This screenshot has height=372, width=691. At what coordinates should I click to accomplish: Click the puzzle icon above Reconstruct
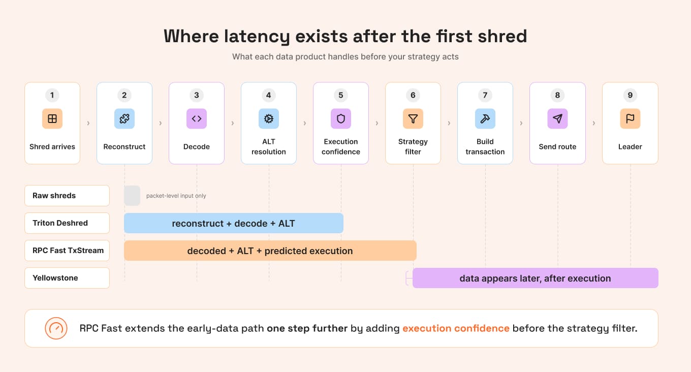pos(124,118)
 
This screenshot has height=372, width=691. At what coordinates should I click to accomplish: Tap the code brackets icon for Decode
pos(197,118)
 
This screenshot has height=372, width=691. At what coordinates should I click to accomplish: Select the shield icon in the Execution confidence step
pos(341,118)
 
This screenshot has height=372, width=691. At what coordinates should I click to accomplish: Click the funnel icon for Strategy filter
pos(413,118)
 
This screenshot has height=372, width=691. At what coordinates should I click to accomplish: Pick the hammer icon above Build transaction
pos(485,118)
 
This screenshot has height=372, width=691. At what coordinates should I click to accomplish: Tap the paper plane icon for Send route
pos(557,118)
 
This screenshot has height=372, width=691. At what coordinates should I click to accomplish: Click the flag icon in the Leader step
pos(630,118)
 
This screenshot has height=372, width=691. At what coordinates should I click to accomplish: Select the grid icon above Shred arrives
pos(52,118)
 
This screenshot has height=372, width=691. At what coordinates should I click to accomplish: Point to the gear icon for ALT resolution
pos(269,118)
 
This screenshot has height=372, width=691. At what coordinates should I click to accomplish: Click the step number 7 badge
pos(485,95)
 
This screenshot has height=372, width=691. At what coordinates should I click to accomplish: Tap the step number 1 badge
pos(52,95)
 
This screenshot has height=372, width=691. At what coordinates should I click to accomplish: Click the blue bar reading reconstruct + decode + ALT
pos(234,223)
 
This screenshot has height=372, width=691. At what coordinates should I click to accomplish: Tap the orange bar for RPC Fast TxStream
pos(270,251)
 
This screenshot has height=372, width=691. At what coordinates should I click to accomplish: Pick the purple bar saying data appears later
pos(536,278)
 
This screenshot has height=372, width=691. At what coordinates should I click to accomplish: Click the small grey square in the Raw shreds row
pos(132,196)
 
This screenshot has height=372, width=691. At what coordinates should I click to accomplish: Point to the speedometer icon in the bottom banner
pos(56,328)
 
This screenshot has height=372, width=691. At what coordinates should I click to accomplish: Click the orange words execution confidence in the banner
pos(456,328)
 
